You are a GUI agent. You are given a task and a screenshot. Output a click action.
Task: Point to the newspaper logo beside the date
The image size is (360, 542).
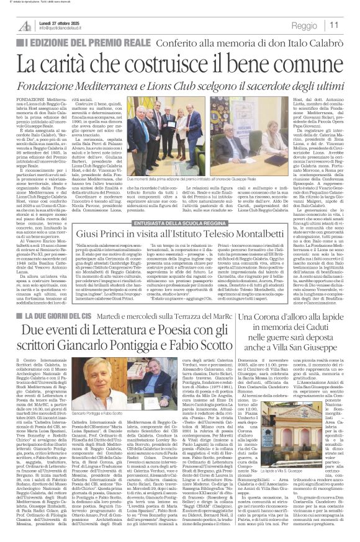24,25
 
